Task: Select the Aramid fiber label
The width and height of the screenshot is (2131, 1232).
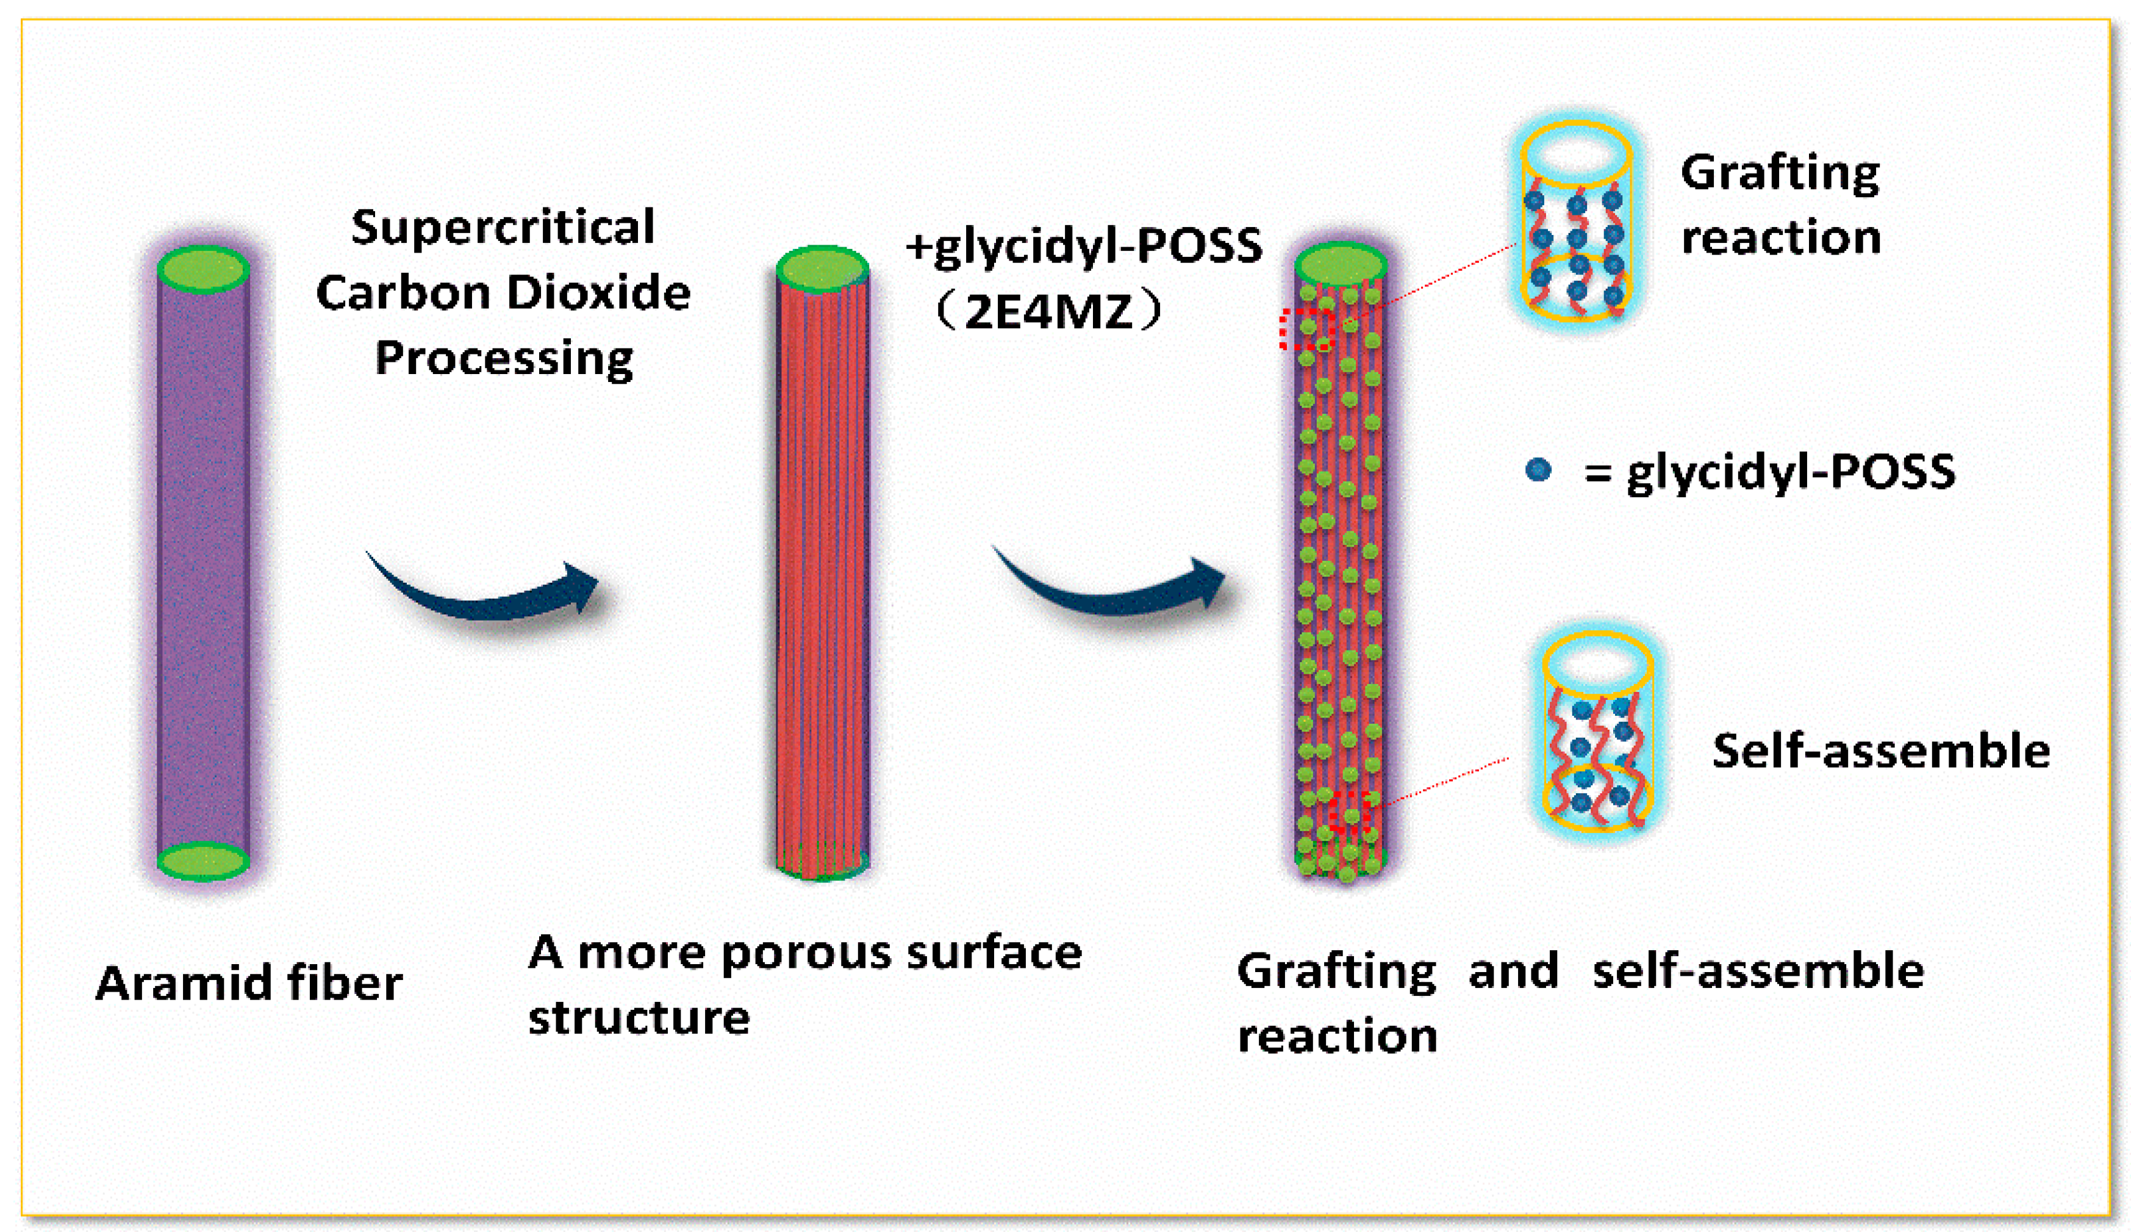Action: coord(249,983)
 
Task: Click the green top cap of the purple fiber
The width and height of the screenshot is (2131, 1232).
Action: coord(203,270)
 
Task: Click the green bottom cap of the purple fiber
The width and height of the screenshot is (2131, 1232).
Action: coord(203,862)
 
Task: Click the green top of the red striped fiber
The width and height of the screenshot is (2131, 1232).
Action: coord(822,270)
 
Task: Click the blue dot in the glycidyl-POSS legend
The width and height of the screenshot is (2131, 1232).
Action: coord(1538,470)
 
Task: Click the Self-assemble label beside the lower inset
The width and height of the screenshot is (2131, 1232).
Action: coord(1881,751)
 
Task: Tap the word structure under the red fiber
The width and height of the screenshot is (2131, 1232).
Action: coord(639,1018)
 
